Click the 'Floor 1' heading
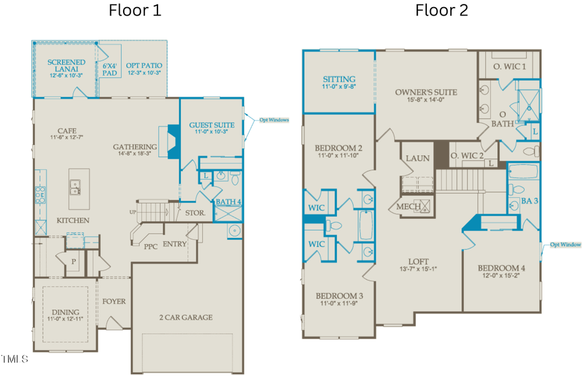click(x=135, y=10)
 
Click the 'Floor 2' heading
click(x=442, y=10)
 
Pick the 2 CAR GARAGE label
click(x=186, y=317)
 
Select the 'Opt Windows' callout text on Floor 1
click(x=275, y=120)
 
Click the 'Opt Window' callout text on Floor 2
click(x=566, y=245)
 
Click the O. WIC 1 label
click(x=510, y=67)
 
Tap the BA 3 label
click(x=529, y=201)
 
